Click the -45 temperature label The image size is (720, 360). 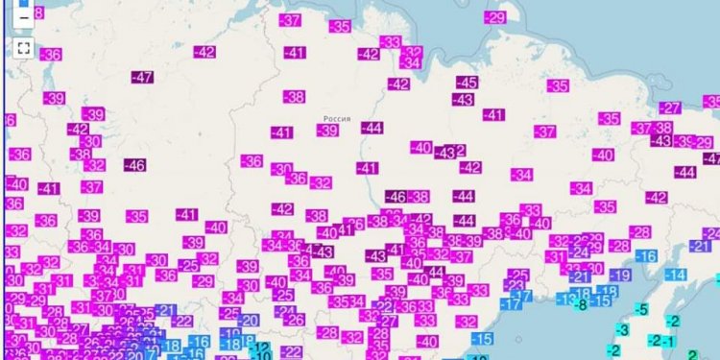pyautogui.click(x=468, y=83)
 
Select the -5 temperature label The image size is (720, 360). pyautogui.click(x=642, y=309)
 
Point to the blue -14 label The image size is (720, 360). pyautogui.click(x=676, y=275)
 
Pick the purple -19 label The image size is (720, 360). pyautogui.click(x=619, y=276)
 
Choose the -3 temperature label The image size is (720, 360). pyautogui.click(x=622, y=331)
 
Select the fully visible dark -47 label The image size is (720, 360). pyautogui.click(x=143, y=78)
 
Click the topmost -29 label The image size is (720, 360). pyautogui.click(x=495, y=17)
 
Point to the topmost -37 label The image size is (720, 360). pyautogui.click(x=291, y=20)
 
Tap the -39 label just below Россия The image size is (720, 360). pyautogui.click(x=328, y=131)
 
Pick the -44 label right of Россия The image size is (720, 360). pyautogui.click(x=372, y=128)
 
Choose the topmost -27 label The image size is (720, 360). pyautogui.click(x=669, y=108)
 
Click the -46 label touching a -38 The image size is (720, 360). pyautogui.click(x=396, y=197)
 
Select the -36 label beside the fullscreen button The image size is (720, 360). pyautogui.click(x=51, y=55)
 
